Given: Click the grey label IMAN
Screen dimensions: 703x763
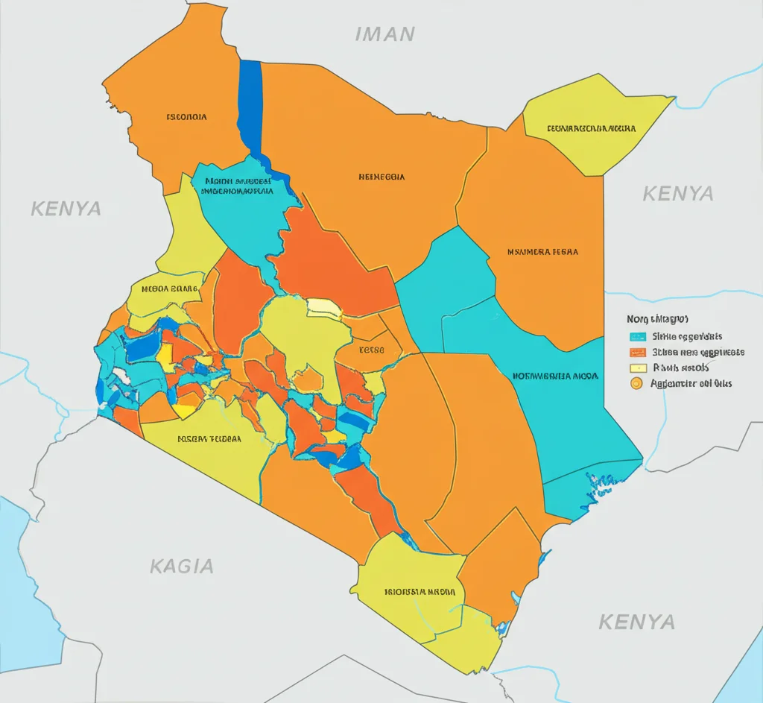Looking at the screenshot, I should [384, 34].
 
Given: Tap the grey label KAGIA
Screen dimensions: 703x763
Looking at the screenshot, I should [182, 566].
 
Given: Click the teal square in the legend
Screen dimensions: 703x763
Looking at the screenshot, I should [637, 337].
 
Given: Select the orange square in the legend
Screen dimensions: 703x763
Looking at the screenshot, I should [637, 353].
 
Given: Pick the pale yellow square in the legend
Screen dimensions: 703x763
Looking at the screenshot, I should [637, 368].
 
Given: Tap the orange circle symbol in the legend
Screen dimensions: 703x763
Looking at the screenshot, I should [636, 384].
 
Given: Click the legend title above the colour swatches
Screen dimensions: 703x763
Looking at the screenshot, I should [657, 318].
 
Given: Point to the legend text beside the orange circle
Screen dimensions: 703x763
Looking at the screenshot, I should [691, 384].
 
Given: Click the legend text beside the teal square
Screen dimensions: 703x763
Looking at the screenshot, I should [686, 337].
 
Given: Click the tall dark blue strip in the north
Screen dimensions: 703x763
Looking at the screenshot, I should [250, 104].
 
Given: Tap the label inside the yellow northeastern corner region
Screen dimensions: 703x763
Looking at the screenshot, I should [592, 128].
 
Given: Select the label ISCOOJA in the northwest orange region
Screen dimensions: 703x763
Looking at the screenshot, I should [186, 117].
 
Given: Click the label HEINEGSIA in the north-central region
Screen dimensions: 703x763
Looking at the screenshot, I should [381, 177].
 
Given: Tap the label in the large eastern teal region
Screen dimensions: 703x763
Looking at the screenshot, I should [556, 376].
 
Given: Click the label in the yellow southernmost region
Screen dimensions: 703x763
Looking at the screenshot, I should [420, 592].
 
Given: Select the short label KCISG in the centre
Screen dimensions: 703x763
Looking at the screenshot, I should [371, 350].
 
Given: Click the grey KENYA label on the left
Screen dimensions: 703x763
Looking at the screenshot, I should [66, 208].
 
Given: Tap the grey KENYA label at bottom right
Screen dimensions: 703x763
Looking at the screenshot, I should [636, 621].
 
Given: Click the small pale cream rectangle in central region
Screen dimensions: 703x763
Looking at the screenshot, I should [324, 306].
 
